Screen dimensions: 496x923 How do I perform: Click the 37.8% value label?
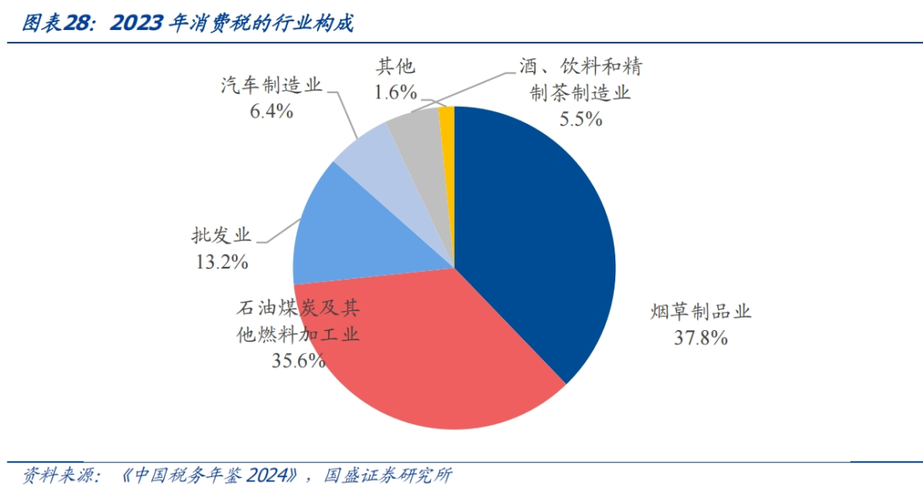point(700,338)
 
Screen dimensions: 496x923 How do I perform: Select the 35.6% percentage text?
point(298,360)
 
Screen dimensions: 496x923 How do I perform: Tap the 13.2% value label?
point(220,262)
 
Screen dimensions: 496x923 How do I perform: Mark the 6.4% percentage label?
point(271,111)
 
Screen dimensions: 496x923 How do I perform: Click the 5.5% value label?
point(580,120)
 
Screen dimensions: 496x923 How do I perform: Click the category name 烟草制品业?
point(700,311)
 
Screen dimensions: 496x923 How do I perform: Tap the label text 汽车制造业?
point(271,86)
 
